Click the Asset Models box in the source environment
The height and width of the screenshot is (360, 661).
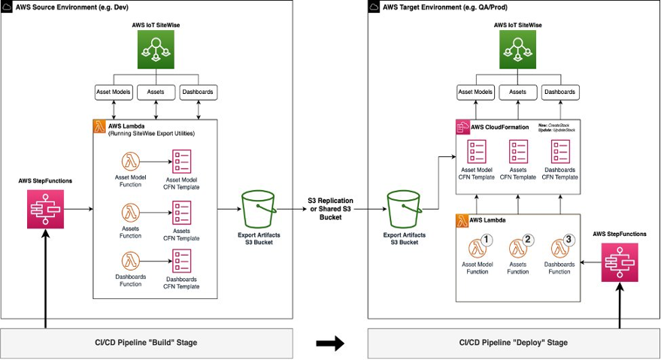pos(114,92)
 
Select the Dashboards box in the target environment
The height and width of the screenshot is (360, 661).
pos(560,92)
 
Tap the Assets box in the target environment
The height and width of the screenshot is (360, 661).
pos(517,92)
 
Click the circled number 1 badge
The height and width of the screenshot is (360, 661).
pos(487,241)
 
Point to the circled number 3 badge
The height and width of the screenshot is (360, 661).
pos(568,241)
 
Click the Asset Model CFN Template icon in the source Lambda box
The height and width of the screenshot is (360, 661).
pos(182,161)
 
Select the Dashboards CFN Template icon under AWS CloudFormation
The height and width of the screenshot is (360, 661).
pos(560,150)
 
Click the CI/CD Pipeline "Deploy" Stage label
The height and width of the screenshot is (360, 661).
pos(513,343)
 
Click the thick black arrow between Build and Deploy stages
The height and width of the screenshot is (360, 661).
pos(329,343)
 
